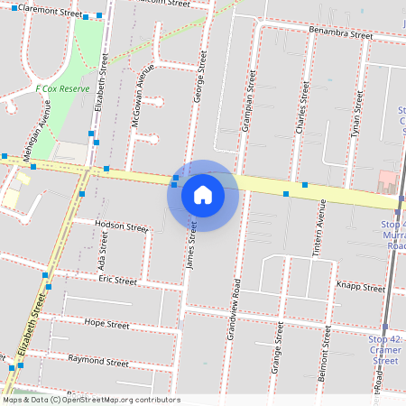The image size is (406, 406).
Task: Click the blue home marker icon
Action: point(203,195)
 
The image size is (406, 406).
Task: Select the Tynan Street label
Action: point(356,114)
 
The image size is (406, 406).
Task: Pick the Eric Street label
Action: point(118,281)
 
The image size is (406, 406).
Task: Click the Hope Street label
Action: point(106,322)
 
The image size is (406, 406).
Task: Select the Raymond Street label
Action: point(98,361)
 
